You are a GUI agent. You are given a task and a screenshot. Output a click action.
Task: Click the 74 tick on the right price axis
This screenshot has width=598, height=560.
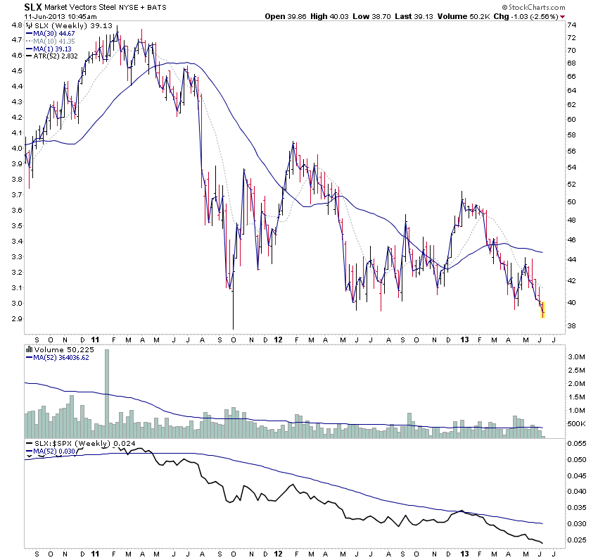(573, 26)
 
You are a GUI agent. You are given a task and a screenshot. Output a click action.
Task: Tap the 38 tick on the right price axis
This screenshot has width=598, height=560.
(573, 325)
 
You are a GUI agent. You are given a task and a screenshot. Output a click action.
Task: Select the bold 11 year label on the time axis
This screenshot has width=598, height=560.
(96, 339)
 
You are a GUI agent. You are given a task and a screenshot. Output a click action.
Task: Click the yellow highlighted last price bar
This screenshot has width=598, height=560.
(542, 309)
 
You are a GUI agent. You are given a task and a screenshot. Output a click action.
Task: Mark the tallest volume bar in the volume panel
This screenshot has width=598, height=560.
(107, 387)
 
